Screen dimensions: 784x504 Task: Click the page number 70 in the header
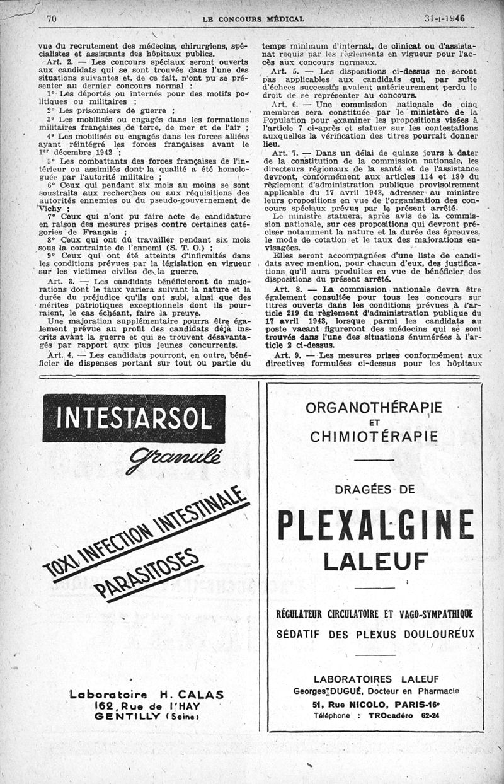52,19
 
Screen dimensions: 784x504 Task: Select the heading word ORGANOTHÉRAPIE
374,407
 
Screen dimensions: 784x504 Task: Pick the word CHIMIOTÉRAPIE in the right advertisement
374,435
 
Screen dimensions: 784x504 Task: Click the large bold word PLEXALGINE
375,524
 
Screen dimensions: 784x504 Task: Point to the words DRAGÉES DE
375,488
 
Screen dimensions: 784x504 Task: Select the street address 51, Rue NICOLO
345,704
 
